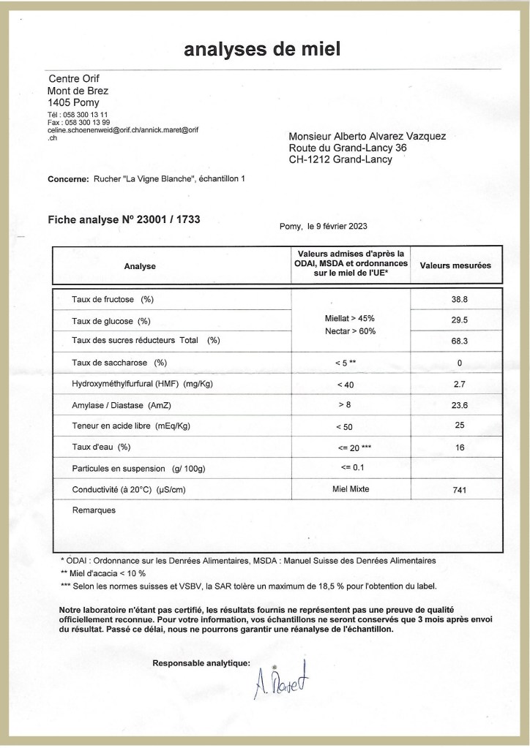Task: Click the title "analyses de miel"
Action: pos(262,49)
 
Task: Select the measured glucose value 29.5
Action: pos(460,320)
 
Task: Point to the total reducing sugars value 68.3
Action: pos(460,341)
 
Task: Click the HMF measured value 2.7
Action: pos(460,384)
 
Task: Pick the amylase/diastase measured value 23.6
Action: pos(460,405)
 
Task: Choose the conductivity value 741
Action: pos(460,491)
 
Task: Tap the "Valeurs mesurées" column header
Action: pos(455,265)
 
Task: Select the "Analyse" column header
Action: pos(140,266)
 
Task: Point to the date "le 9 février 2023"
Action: pos(339,227)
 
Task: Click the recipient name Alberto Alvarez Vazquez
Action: pos(367,136)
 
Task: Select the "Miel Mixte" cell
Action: pos(349,488)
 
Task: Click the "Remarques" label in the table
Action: pos(94,510)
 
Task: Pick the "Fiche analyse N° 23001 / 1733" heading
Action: pos(124,219)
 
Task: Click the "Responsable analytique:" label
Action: pos(201,663)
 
